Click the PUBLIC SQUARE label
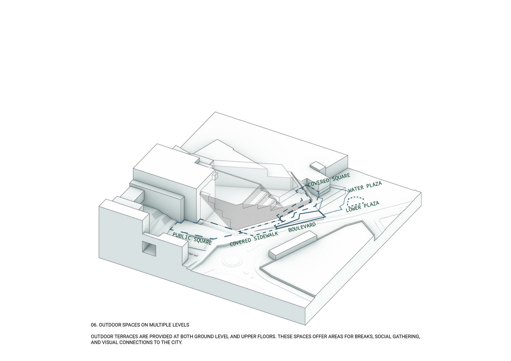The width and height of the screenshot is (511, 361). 192,238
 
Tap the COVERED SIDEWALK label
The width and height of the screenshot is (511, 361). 254,239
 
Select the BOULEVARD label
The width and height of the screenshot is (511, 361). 302,227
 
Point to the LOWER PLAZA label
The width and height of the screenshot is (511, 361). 362,207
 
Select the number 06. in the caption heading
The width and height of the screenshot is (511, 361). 94,325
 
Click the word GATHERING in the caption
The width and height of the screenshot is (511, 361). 407,336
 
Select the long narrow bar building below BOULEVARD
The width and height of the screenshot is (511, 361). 293,245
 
